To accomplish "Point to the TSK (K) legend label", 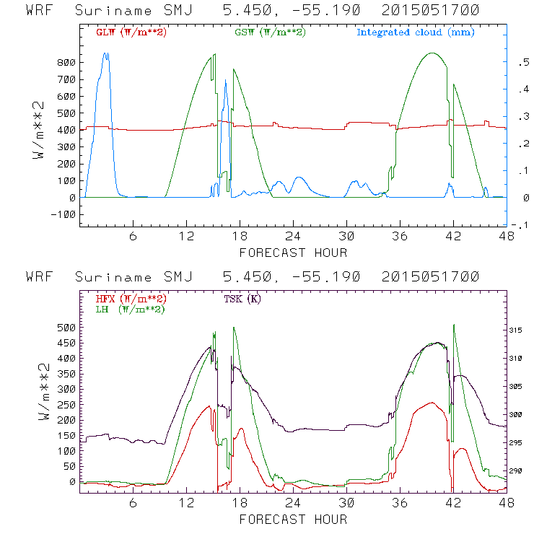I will tap(242, 299).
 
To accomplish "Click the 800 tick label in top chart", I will tap(66, 63).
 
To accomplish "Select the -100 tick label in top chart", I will tap(64, 214).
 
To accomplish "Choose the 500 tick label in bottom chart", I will tap(66, 327).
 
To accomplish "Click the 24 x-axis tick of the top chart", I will tap(293, 237).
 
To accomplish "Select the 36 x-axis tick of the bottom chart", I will tap(400, 504).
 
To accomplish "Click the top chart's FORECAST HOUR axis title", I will tap(293, 253).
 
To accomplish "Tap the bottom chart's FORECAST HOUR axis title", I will tap(293, 520).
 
